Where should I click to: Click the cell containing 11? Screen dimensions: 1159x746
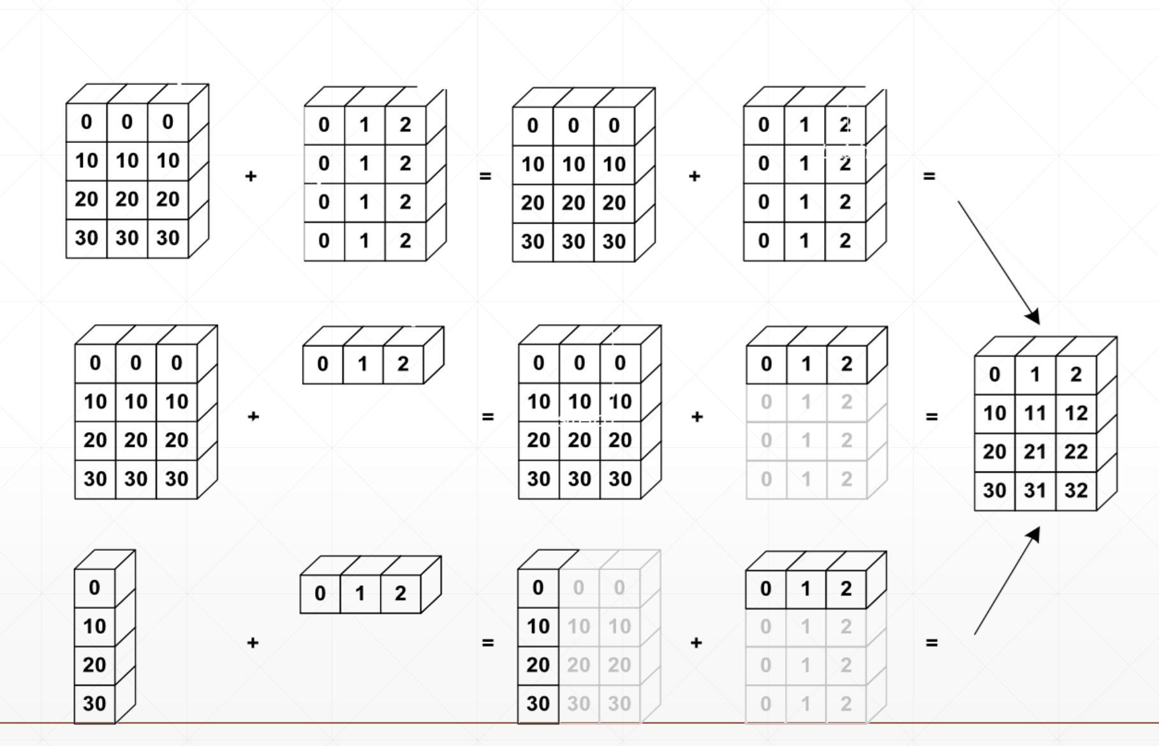pyautogui.click(x=1035, y=413)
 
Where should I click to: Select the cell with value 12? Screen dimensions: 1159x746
pyautogui.click(x=1075, y=413)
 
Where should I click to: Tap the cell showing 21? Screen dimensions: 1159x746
pyautogui.click(x=1035, y=452)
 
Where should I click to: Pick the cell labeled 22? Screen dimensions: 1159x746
pyautogui.click(x=1075, y=452)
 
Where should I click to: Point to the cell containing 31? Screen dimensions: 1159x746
pyautogui.click(x=1035, y=490)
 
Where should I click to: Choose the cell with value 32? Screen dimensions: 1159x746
pyautogui.click(x=1075, y=490)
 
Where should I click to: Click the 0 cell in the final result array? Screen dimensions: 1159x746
pyautogui.click(x=994, y=375)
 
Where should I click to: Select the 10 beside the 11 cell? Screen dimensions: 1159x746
pyautogui.click(x=994, y=413)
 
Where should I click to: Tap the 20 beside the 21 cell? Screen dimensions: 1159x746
pyautogui.click(x=994, y=452)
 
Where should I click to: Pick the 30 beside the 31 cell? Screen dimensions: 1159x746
pyautogui.click(x=994, y=490)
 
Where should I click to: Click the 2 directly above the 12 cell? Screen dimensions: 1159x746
pyautogui.click(x=1075, y=375)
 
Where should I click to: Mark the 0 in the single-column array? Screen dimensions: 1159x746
pyautogui.click(x=94, y=587)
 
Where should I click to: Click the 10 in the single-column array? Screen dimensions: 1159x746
pyautogui.click(x=94, y=626)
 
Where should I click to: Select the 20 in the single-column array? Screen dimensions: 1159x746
pyautogui.click(x=94, y=665)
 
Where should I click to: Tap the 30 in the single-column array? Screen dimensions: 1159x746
pyautogui.click(x=94, y=703)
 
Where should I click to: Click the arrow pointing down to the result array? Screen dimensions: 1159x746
pyautogui.click(x=998, y=262)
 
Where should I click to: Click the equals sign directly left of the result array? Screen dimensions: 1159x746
pyautogui.click(x=931, y=417)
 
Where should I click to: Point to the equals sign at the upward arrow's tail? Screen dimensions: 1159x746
pyautogui.click(x=931, y=643)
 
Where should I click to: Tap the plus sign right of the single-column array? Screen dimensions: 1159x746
pyautogui.click(x=253, y=643)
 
